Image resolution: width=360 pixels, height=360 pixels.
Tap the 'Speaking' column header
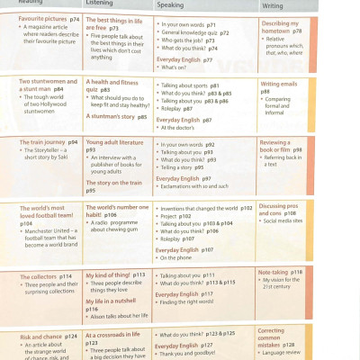click(170, 4)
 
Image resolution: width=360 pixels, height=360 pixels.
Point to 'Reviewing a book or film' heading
click(281, 146)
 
